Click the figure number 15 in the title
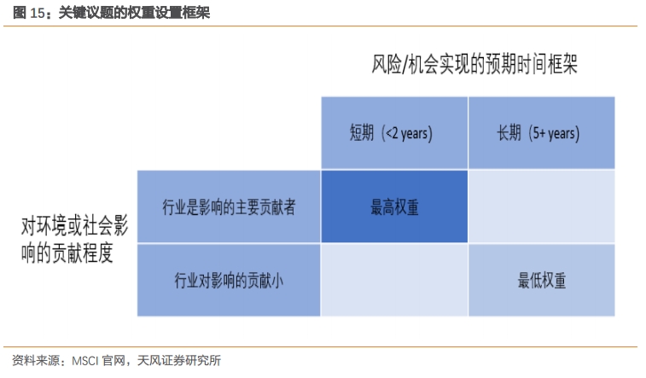37,13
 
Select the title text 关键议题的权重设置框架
134,13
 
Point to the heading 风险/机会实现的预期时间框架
474,64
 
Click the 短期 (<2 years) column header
394,133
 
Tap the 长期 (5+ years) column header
541,133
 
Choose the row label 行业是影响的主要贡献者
229,206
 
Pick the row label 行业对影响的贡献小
229,281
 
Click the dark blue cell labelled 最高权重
394,206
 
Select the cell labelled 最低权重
541,281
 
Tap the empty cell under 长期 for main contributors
541,206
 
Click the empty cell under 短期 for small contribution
394,281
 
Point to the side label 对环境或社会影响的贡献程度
74,239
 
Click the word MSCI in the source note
85,361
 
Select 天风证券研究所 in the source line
179,361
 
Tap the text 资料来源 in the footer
36,361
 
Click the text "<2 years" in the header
407,133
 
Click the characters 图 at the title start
20,13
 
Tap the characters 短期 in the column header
362,133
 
